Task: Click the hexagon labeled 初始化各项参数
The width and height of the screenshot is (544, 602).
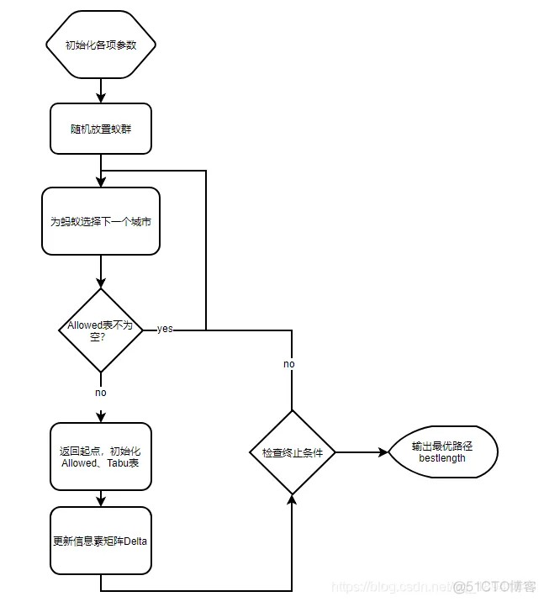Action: coord(101,45)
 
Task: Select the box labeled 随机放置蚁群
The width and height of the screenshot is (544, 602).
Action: coord(101,129)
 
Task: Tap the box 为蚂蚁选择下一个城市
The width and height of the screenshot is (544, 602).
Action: coord(101,222)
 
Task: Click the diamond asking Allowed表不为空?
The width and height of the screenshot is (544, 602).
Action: coord(101,330)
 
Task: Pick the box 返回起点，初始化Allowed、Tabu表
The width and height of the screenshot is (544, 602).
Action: coord(101,457)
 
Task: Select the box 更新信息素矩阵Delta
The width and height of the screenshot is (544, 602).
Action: coord(101,541)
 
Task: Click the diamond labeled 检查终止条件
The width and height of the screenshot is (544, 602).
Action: coord(292,452)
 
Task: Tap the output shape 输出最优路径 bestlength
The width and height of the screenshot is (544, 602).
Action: coord(442,452)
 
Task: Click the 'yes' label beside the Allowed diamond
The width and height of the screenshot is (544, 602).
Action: coord(165,329)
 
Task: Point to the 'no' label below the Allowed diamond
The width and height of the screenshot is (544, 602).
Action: coord(101,393)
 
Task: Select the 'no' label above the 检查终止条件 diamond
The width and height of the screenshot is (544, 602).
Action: coord(288,364)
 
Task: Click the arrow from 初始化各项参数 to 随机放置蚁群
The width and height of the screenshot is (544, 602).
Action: coord(101,89)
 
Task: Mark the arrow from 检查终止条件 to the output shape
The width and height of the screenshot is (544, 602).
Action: coord(362,452)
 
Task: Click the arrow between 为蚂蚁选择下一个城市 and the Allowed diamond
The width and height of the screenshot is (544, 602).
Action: coord(101,272)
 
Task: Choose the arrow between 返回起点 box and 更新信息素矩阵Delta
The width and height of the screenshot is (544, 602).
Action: coord(101,499)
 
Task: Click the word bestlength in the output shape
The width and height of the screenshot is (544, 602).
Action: coord(442,458)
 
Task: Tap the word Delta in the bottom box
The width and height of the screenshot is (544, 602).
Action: coord(135,541)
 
